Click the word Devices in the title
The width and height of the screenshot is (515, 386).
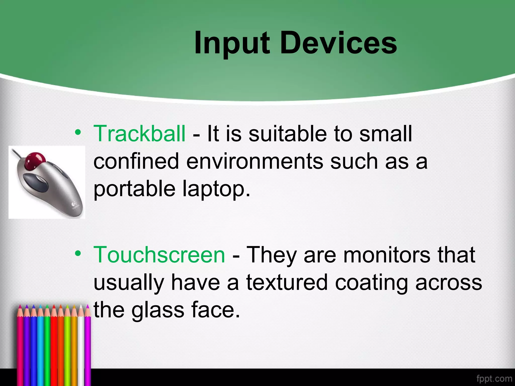click(x=338, y=43)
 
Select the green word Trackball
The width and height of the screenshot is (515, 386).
click(x=139, y=134)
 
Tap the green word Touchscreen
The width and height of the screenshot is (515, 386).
click(x=159, y=255)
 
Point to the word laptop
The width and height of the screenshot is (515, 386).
click(x=216, y=189)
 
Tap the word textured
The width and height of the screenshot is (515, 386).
click(x=287, y=283)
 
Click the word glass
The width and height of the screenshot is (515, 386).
click(x=158, y=310)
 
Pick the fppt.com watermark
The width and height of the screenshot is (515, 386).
click(x=494, y=378)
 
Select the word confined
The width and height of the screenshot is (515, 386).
click(x=136, y=161)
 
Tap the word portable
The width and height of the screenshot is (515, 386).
click(x=134, y=189)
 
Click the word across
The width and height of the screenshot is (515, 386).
click(x=449, y=283)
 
